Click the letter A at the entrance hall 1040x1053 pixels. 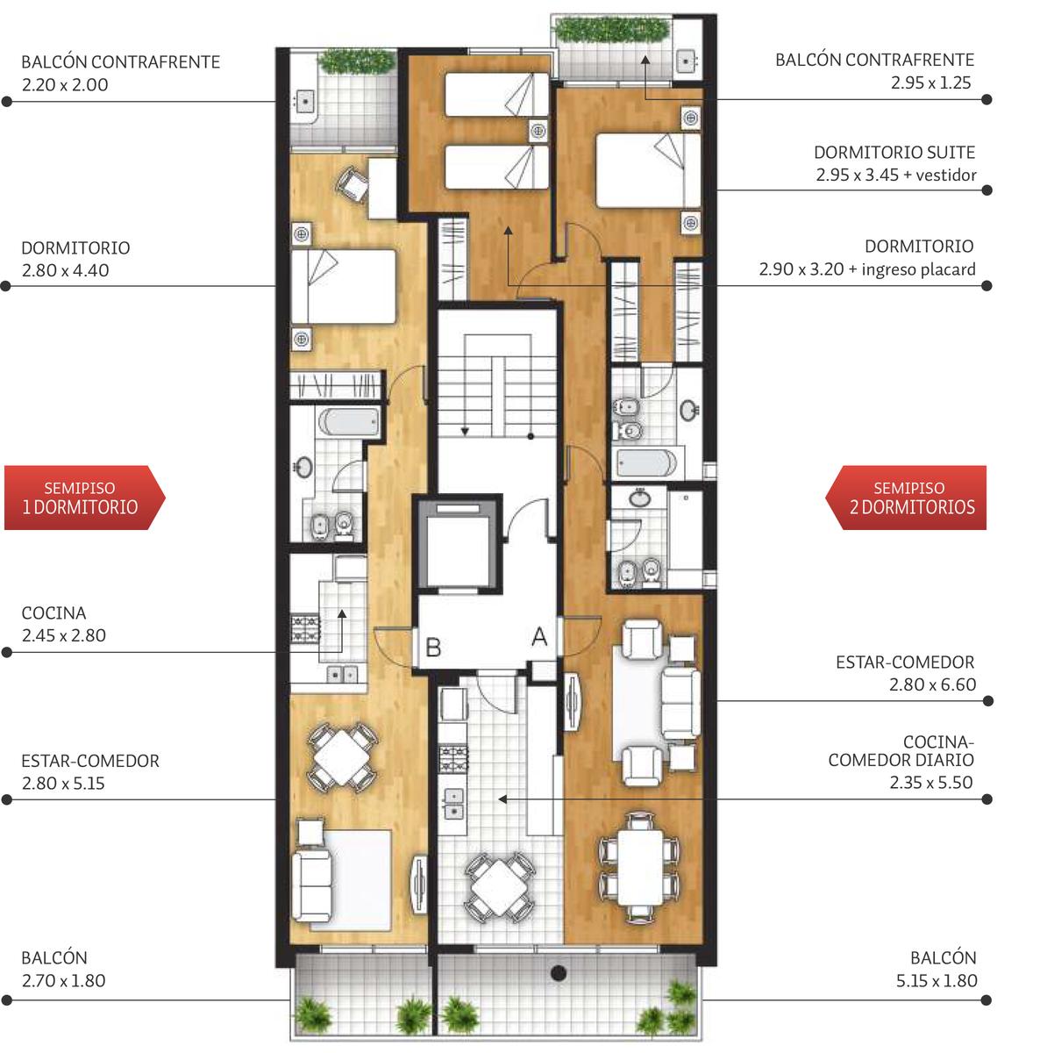point(539,636)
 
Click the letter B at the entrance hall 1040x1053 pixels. point(433,648)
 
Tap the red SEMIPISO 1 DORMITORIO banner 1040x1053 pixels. point(84,498)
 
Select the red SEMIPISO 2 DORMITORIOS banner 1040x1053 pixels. point(906,498)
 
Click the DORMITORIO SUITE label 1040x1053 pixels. point(894,153)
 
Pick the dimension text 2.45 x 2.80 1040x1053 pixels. point(64,635)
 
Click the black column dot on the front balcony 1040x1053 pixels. point(559,972)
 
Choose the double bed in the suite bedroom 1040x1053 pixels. point(648,170)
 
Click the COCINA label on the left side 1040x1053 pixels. point(53,613)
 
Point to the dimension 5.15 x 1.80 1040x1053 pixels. point(937,981)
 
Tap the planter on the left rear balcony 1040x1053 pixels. point(357,61)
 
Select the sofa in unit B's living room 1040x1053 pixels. point(312,885)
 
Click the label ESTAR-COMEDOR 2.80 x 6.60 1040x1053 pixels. point(906,673)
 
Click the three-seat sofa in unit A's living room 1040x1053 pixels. point(680,703)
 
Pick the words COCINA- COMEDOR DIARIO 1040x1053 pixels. point(901,751)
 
